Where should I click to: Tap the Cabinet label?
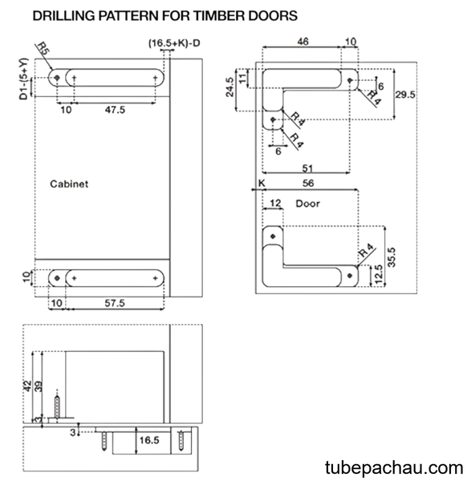tap(69, 184)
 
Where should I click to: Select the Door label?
tap(307, 204)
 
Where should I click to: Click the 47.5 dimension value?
tap(115, 110)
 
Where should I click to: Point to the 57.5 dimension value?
tap(115, 303)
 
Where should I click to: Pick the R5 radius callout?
tap(43, 48)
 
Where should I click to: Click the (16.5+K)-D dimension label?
tap(174, 43)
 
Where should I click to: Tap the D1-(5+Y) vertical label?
tap(23, 79)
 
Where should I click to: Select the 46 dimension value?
tap(303, 42)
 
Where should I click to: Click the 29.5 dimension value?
tap(405, 95)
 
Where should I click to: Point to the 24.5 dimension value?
tap(229, 87)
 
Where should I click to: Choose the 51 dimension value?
tap(307, 168)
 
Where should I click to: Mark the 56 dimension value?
tap(308, 183)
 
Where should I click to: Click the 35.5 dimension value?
tap(392, 257)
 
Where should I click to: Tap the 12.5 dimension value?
tap(379, 273)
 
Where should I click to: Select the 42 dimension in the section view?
tap(27, 386)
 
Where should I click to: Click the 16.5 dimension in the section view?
tap(149, 440)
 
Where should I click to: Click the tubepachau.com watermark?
tap(394, 467)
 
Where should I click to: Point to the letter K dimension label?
tap(262, 184)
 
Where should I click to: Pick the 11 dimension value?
tap(242, 78)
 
